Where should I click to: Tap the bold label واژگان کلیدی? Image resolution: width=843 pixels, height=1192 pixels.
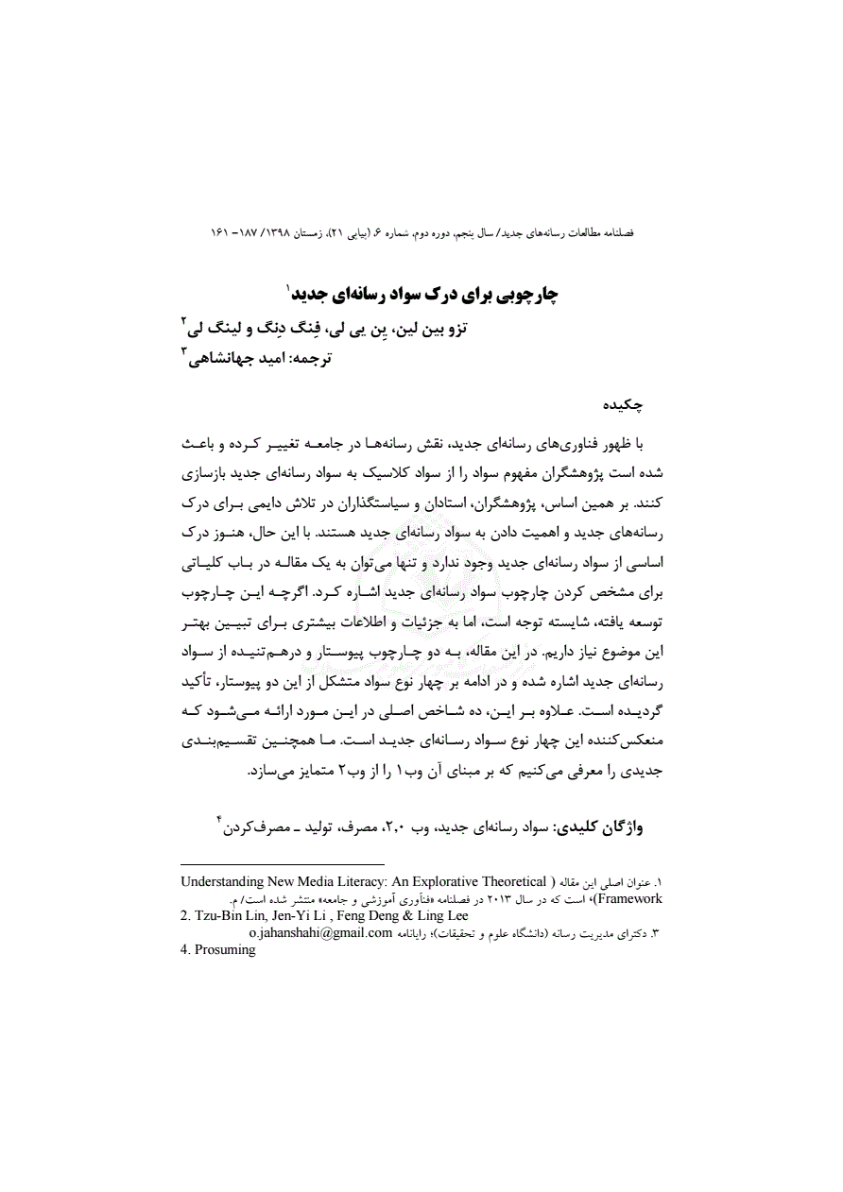tap(609, 826)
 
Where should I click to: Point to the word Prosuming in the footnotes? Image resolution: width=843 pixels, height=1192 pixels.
tap(225, 950)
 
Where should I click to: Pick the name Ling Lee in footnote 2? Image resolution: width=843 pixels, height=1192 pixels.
tap(444, 915)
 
